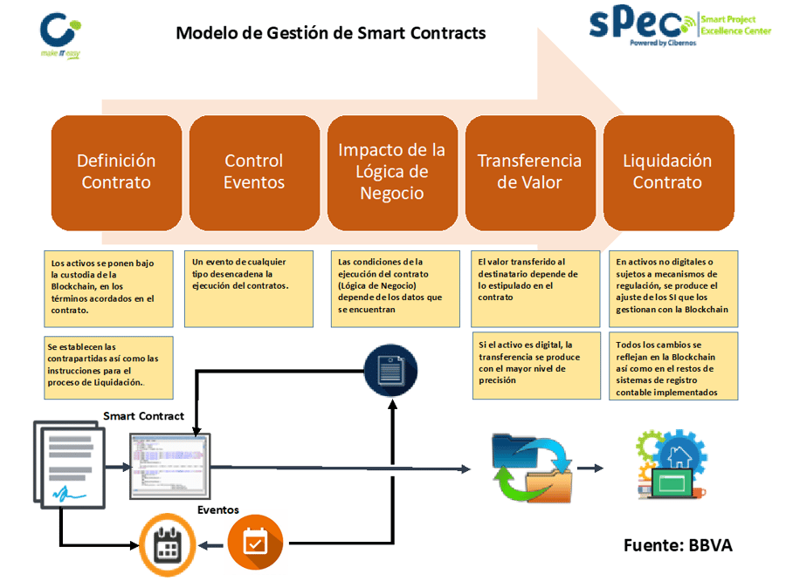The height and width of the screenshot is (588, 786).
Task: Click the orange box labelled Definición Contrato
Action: [x=116, y=171]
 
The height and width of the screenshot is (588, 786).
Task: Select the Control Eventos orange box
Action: [x=254, y=171]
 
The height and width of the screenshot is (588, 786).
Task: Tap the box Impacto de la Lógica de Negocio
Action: [x=392, y=171]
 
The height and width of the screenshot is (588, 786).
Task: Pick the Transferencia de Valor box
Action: [x=530, y=171]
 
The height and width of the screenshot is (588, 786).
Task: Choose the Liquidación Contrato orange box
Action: [x=668, y=171]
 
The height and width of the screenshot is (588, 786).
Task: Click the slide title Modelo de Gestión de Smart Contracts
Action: [x=331, y=33]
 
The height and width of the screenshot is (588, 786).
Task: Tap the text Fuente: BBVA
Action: [x=678, y=545]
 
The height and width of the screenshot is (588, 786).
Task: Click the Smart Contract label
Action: [x=143, y=416]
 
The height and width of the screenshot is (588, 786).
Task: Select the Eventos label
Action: [x=217, y=509]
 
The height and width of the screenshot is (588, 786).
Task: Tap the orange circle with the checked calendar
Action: [x=255, y=543]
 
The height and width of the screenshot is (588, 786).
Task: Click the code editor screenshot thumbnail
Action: [x=169, y=462]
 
